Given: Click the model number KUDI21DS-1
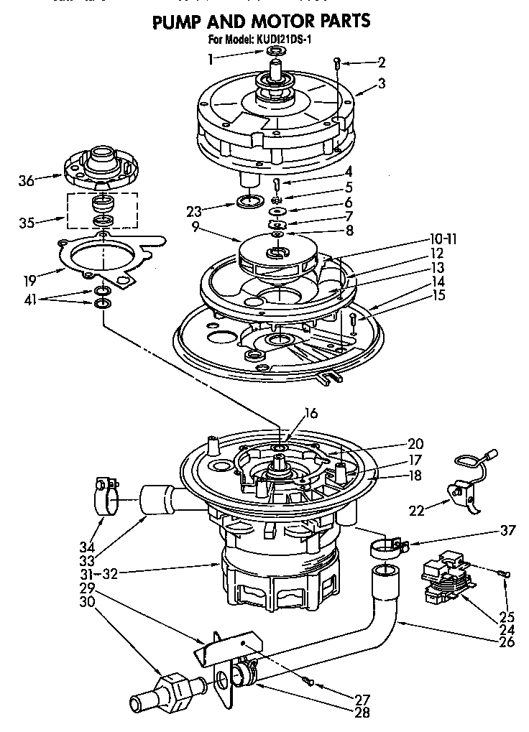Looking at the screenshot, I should (x=284, y=40).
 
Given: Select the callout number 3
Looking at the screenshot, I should (x=381, y=83).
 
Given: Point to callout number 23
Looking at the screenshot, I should (x=195, y=211).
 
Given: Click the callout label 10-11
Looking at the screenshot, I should (x=443, y=238).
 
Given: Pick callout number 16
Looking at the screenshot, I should (x=310, y=413).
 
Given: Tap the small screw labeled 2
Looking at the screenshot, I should (x=337, y=64).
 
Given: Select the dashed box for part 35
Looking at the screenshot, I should (x=102, y=209).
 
